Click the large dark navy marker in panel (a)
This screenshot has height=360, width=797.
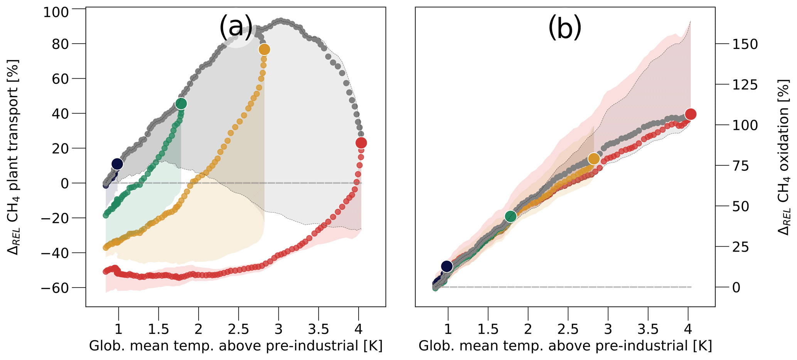click(117, 164)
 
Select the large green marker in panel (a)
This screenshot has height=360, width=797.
click(181, 104)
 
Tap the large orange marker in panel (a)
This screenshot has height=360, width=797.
click(264, 49)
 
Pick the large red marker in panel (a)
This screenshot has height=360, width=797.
click(361, 143)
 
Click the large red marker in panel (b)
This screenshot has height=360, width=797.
click(690, 114)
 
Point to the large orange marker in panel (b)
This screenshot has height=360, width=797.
click(594, 159)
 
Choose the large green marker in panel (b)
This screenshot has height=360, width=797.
click(511, 216)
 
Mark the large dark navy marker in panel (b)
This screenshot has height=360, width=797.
click(447, 266)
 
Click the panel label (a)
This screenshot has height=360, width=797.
click(236, 27)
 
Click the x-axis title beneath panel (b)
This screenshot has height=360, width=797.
click(565, 346)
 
